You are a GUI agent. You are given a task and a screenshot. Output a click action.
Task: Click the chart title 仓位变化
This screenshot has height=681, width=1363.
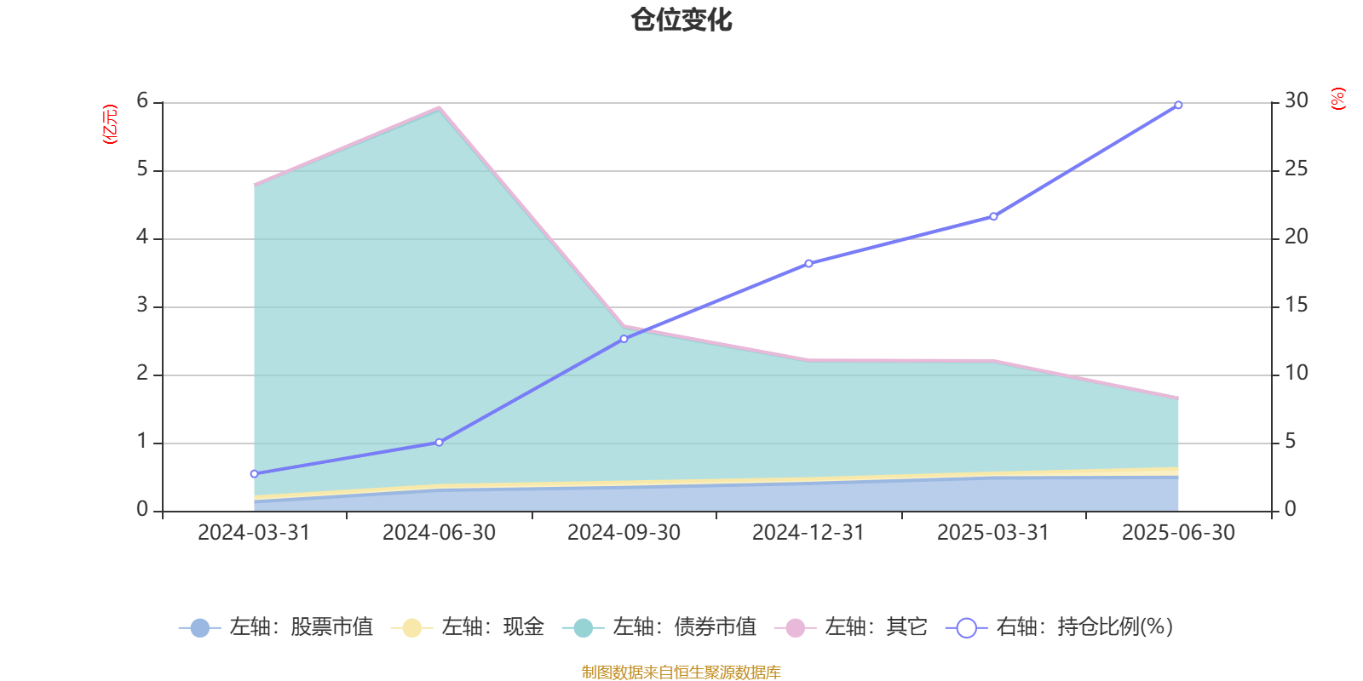point(681,20)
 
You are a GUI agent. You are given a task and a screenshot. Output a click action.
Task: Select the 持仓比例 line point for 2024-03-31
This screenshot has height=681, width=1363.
point(254,474)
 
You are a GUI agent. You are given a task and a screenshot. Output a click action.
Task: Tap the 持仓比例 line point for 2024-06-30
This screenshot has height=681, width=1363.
point(439,443)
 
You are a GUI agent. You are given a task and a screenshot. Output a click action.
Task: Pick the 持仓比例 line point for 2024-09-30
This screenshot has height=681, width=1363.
point(624,339)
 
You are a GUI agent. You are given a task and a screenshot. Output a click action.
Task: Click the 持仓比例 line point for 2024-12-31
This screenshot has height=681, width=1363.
point(808,263)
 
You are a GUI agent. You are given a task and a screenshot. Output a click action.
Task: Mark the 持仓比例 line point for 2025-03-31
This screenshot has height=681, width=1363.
point(993,217)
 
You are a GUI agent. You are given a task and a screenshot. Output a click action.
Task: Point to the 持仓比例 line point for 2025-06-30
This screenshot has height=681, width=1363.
point(1178,106)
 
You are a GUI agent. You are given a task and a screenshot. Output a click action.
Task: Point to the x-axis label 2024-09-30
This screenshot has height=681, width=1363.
point(624,533)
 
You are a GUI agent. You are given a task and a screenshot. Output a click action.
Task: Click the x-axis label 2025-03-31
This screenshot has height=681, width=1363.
point(993,533)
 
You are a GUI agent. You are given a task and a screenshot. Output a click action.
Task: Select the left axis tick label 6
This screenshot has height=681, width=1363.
point(142,101)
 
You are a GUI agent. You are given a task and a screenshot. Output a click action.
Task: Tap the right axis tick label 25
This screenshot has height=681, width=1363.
point(1296,169)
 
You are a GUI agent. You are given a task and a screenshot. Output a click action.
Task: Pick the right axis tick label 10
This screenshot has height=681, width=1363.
point(1296,374)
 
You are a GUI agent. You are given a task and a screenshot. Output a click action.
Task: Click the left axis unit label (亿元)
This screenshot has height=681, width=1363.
point(110,124)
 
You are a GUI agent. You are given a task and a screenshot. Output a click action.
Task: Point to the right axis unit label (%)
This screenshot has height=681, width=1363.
point(1337,99)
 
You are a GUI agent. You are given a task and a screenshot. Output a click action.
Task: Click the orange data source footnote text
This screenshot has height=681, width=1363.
point(681,672)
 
